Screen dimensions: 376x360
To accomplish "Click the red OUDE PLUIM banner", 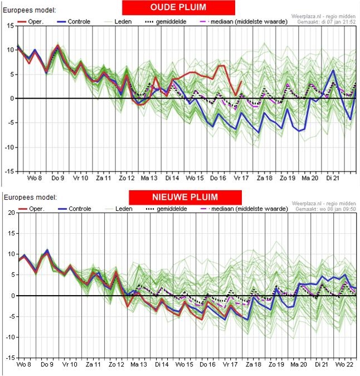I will (179, 8).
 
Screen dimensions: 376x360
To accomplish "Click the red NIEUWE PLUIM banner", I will (185, 197).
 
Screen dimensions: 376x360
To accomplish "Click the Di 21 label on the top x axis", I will (333, 178).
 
